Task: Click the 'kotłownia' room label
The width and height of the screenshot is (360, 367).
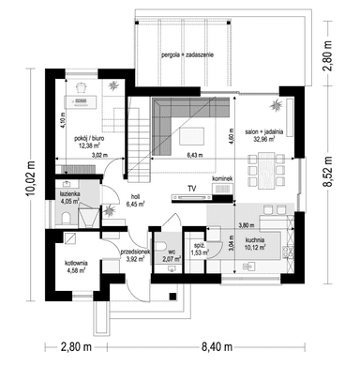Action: [x=71, y=265]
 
